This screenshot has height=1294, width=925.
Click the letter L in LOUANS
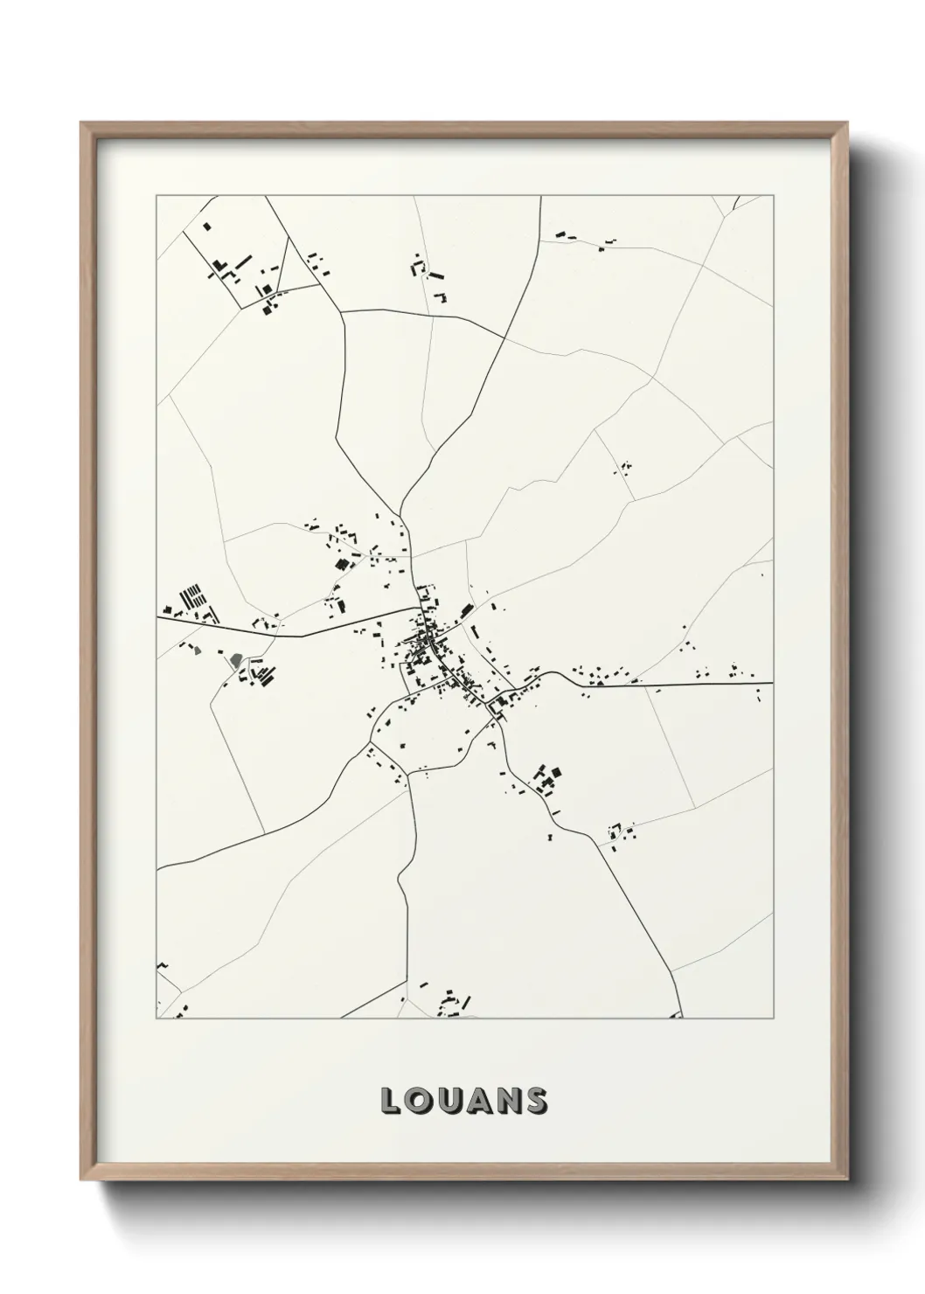[390, 1101]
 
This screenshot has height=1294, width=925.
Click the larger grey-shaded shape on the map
[235, 660]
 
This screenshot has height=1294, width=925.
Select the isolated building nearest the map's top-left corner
[207, 226]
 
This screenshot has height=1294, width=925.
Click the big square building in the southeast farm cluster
[553, 772]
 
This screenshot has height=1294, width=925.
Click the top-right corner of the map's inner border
[773, 196]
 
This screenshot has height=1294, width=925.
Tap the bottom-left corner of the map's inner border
[156, 1019]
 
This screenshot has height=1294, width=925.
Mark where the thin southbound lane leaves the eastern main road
[648, 684]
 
